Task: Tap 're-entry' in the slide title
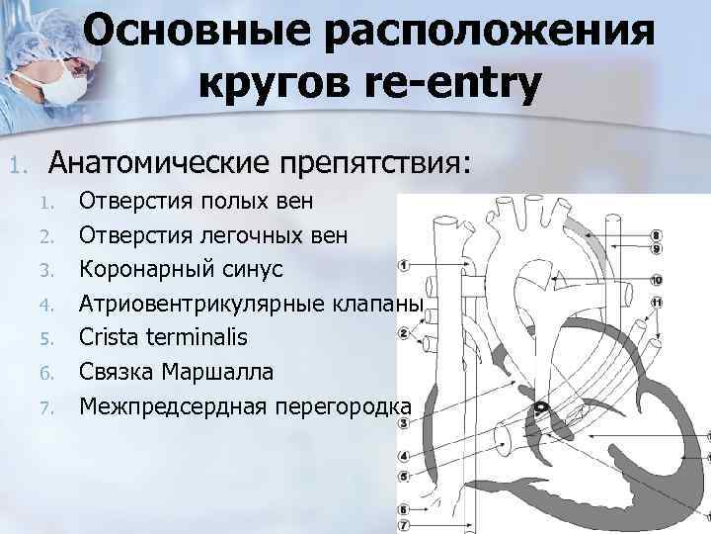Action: (x=457, y=85)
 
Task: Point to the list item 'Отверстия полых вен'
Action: (x=197, y=203)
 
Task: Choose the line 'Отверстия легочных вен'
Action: (x=213, y=236)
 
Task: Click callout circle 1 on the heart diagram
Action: (x=404, y=265)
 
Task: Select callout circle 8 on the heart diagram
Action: (x=656, y=235)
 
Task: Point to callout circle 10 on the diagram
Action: (x=656, y=280)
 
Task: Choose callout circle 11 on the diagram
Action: (x=656, y=301)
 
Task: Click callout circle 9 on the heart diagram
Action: (x=656, y=248)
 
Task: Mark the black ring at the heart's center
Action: (x=542, y=408)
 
